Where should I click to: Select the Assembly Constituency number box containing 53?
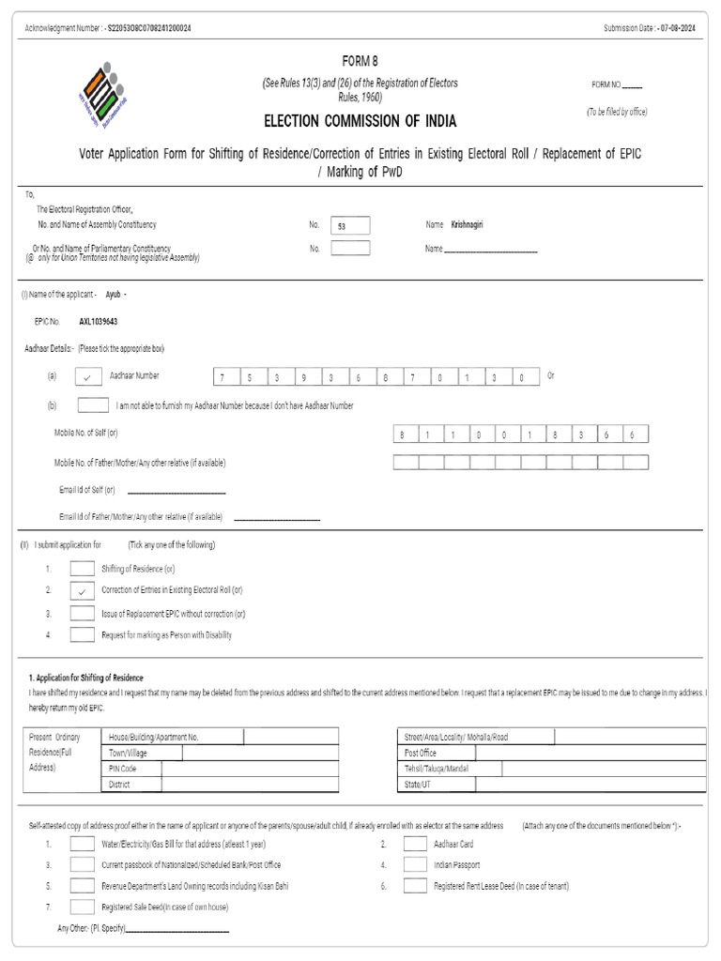point(350,225)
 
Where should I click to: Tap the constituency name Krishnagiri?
point(467,225)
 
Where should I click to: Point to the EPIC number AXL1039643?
point(98,321)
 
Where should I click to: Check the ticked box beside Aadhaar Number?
point(86,376)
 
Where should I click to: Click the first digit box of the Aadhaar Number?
point(223,377)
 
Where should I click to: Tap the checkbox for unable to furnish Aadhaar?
point(92,405)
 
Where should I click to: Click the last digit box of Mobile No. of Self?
point(633,435)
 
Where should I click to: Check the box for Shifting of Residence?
point(83,569)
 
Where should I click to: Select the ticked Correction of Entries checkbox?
point(83,590)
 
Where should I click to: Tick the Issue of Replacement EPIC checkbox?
point(83,613)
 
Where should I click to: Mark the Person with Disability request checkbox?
point(83,634)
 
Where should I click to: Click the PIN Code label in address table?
point(123,769)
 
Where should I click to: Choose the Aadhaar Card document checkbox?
point(415,844)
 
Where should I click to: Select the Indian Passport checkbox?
point(415,864)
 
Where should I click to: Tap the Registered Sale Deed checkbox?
point(83,907)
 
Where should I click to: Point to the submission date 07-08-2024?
point(678,28)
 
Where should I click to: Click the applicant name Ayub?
point(113,294)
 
